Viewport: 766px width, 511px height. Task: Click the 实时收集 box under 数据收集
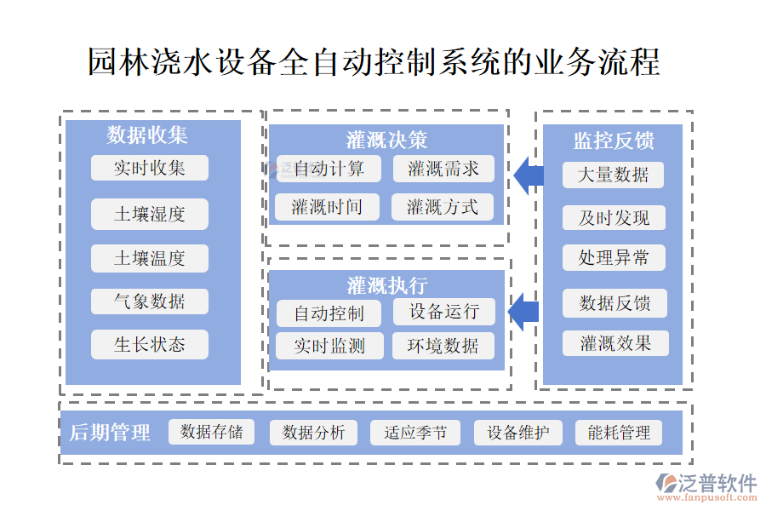(150, 168)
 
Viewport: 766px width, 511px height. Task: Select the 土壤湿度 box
(150, 214)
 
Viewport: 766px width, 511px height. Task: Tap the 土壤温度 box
(150, 257)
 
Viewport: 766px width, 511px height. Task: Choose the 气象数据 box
(150, 301)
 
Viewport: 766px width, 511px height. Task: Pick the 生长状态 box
(150, 344)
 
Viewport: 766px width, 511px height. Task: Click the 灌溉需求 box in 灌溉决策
(443, 169)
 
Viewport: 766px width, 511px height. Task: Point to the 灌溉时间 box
(327, 207)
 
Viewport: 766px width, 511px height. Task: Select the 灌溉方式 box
(443, 207)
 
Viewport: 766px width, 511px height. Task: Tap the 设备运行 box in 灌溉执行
(443, 312)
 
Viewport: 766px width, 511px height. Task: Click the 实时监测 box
(329, 345)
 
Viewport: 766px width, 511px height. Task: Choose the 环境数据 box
(443, 345)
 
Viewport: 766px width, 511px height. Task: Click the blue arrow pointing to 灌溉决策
(529, 175)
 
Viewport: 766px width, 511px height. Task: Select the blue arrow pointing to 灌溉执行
(524, 311)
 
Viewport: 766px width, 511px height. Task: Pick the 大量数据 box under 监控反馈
(613, 175)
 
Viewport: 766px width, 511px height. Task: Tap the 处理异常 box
(613, 257)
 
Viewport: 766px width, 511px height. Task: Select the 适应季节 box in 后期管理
(415, 433)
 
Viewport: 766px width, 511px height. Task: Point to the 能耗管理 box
(619, 433)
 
